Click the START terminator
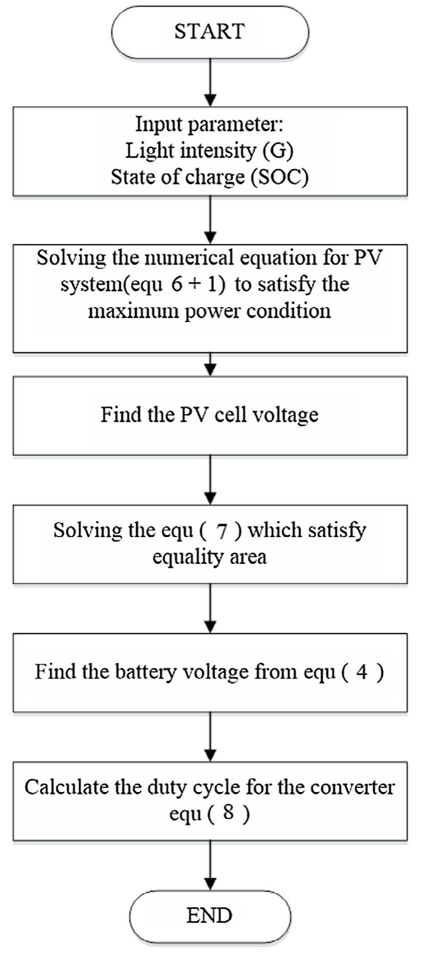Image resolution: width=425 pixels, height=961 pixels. click(x=210, y=31)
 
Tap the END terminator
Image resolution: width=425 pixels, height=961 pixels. click(x=210, y=916)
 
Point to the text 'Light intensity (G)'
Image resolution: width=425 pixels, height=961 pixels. click(x=209, y=150)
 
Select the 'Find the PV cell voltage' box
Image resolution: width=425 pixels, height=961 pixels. click(x=210, y=415)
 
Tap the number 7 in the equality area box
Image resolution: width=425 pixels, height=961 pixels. click(x=222, y=530)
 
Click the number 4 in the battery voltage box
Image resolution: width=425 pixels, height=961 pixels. click(x=362, y=671)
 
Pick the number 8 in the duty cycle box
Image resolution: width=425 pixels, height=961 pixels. click(x=228, y=812)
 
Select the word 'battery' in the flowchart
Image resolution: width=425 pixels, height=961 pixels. click(x=144, y=671)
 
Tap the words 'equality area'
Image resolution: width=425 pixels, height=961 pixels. click(x=210, y=557)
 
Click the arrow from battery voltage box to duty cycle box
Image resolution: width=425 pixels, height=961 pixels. click(x=210, y=736)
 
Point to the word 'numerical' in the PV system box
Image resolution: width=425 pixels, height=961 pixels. click(x=190, y=258)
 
